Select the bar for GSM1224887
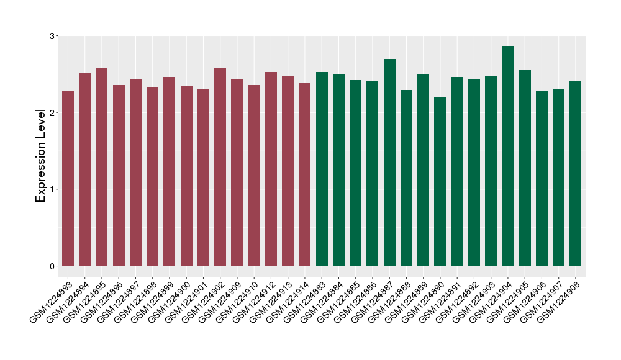389,163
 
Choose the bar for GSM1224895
102,167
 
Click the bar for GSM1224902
220,167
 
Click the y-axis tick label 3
52,36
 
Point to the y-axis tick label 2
52,112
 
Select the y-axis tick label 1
52,189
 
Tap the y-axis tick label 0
52,266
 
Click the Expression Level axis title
41,156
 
